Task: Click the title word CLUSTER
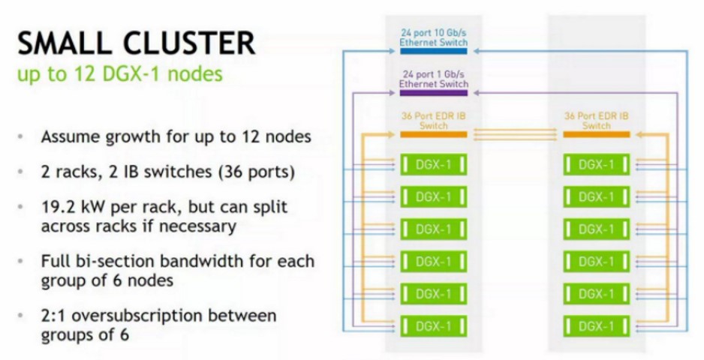pos(191,43)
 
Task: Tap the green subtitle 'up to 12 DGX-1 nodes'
pos(119,76)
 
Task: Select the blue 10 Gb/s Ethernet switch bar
pos(433,51)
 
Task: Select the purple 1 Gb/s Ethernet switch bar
pos(433,92)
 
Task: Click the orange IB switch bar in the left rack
pos(433,134)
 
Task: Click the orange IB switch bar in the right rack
pos(596,134)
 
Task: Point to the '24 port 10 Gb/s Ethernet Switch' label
pos(433,38)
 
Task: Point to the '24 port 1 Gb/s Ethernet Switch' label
pos(433,79)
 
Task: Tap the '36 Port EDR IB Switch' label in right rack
pos(596,121)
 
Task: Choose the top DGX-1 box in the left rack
pos(433,163)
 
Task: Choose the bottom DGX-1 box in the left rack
pos(433,325)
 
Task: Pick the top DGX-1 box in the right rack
pos(596,163)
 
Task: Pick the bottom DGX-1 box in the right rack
pos(596,325)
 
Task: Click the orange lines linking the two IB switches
pos(515,134)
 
